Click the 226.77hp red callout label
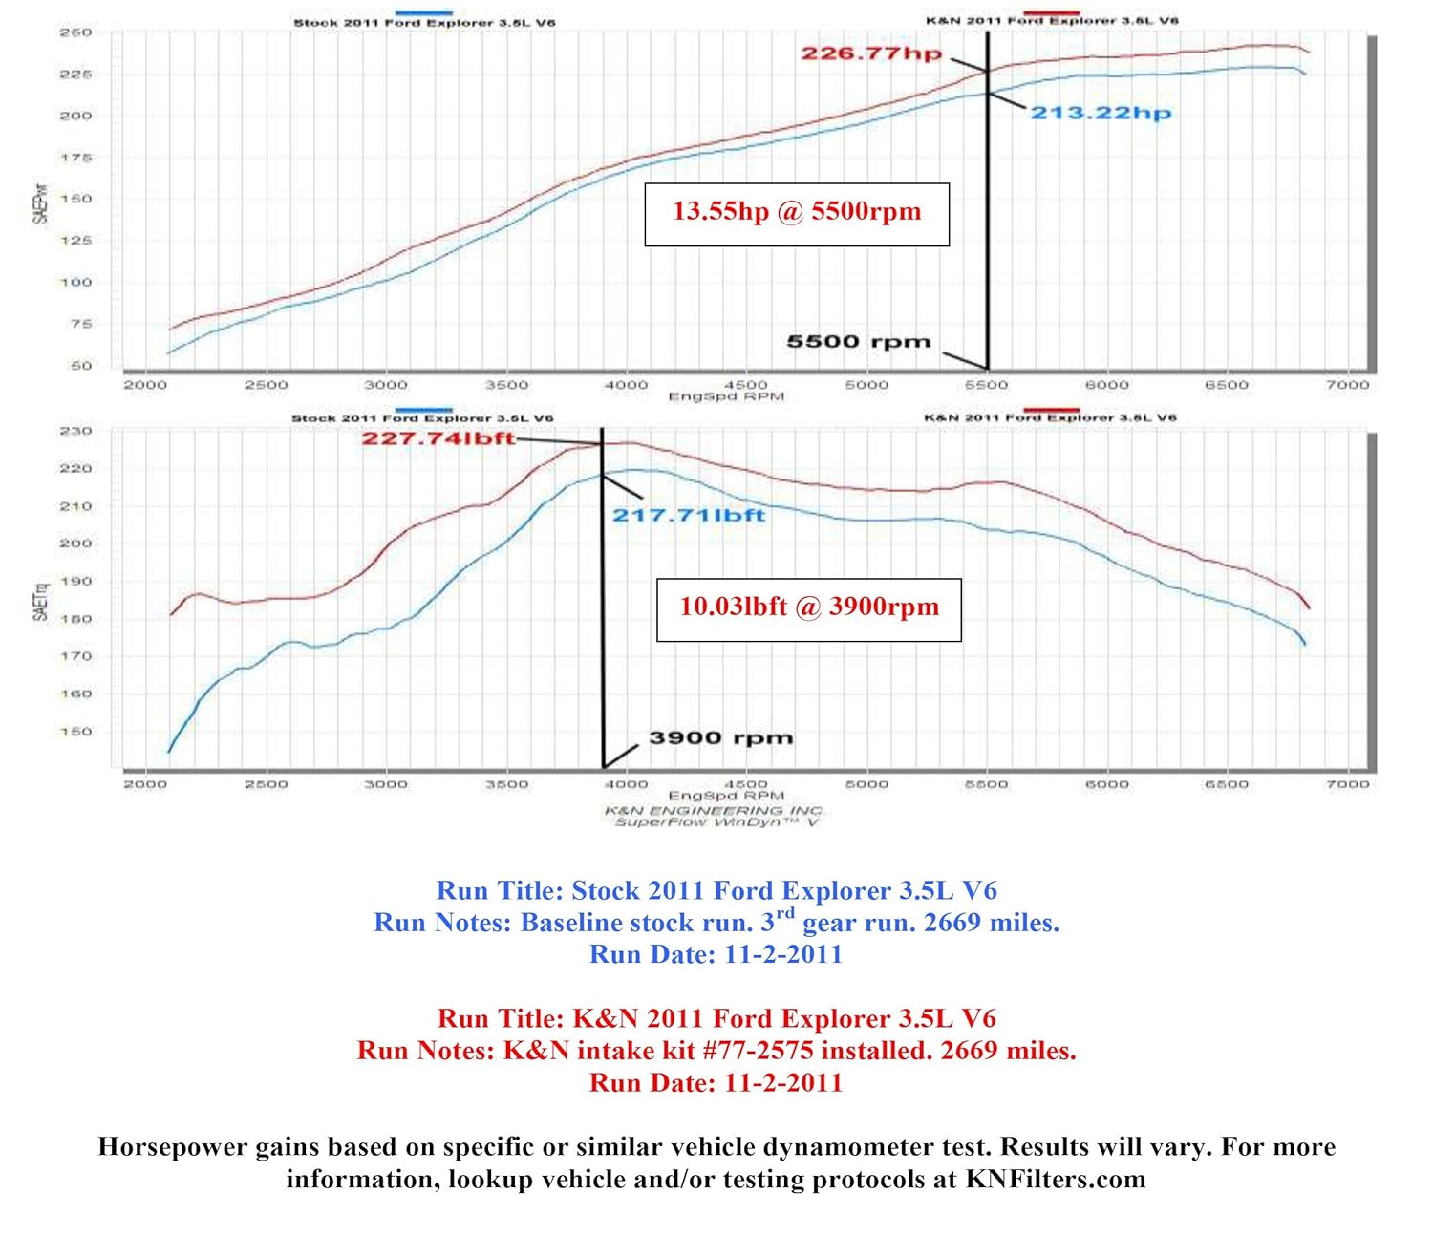870,53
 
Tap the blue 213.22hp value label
1101,113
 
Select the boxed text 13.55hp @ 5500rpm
797,212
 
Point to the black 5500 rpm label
858,342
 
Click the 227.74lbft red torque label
438,438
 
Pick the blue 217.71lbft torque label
689,516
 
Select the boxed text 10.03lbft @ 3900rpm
808,607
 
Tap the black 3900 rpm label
720,738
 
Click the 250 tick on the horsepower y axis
75,32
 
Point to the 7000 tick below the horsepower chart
1347,385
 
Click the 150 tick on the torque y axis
75,732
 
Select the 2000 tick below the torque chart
145,784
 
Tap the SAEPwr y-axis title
40,202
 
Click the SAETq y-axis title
40,602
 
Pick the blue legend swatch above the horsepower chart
423,12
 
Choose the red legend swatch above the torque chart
1051,410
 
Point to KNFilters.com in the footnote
1055,1180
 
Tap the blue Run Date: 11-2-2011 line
716,954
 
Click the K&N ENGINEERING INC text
713,810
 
